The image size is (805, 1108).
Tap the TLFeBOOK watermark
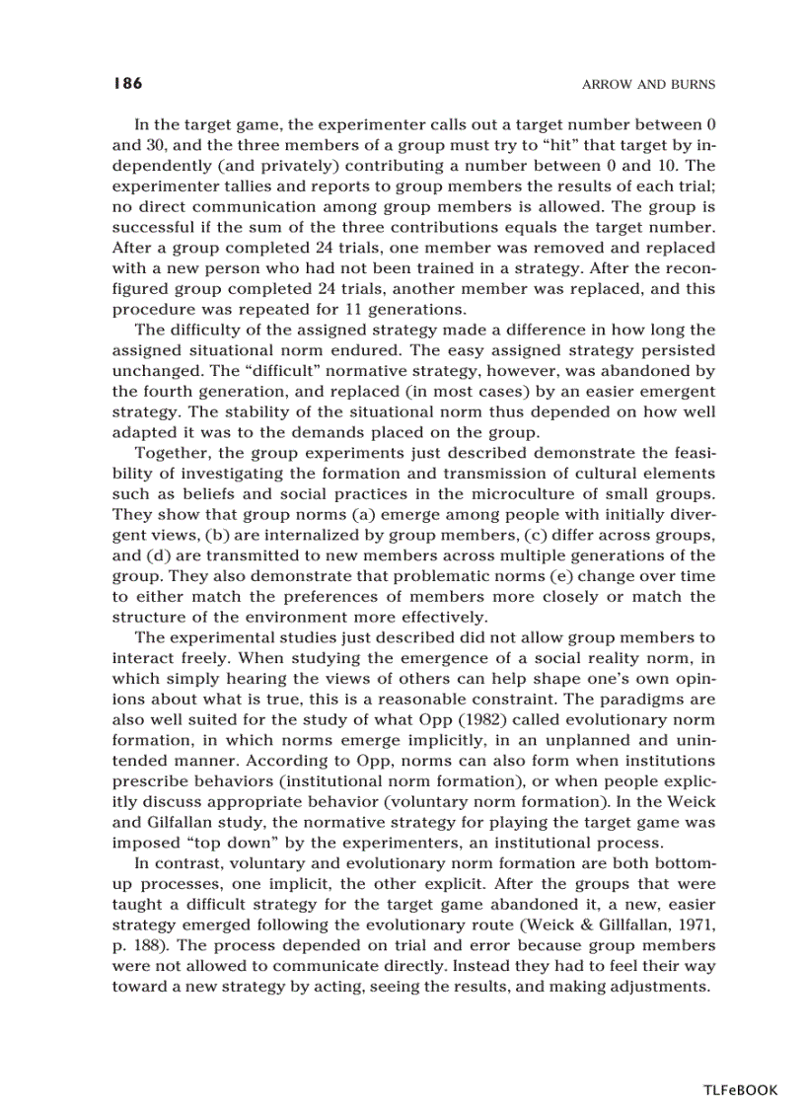pyautogui.click(x=740, y=1089)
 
